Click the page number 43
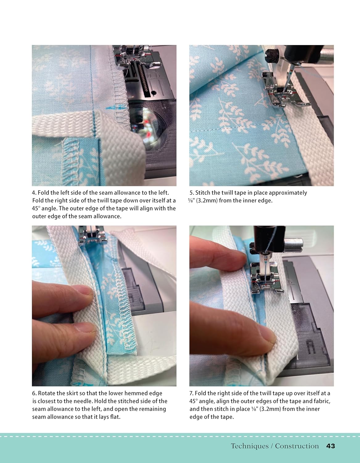click(331, 446)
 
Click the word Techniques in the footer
click(250, 446)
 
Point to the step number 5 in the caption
click(191, 193)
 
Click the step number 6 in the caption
click(34, 393)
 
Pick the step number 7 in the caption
click(191, 393)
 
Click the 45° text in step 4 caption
click(36, 208)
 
